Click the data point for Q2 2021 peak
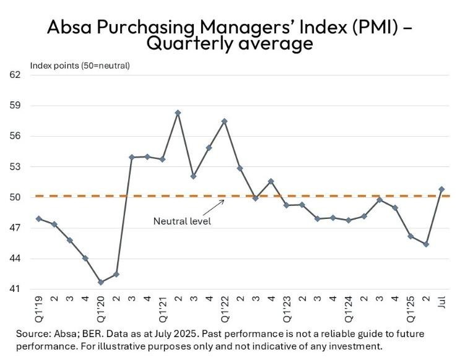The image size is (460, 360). pyautogui.click(x=178, y=113)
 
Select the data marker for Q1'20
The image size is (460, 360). pyautogui.click(x=100, y=282)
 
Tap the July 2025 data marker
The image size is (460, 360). pyautogui.click(x=441, y=189)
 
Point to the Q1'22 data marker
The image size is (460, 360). pyautogui.click(x=224, y=121)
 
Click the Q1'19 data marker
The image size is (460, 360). pyautogui.click(x=38, y=218)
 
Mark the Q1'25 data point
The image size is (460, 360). pyautogui.click(x=410, y=236)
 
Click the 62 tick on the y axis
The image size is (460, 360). pyautogui.click(x=15, y=75)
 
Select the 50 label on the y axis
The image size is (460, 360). pyautogui.click(x=15, y=197)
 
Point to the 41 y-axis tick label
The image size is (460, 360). pyautogui.click(x=15, y=289)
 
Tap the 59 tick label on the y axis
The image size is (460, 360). pyautogui.click(x=15, y=105)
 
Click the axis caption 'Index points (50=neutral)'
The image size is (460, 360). pyautogui.click(x=80, y=65)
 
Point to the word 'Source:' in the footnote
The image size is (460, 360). pyautogui.click(x=34, y=333)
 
